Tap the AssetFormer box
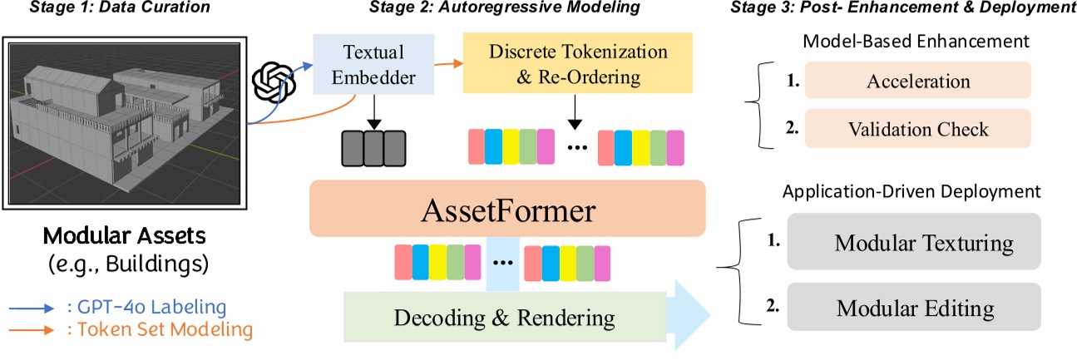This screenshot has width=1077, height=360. [x=506, y=209]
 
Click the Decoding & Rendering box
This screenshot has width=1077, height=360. [x=506, y=318]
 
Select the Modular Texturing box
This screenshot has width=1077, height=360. [x=912, y=244]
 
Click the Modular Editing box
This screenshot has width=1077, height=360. [x=912, y=308]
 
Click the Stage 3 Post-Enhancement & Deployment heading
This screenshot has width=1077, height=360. [x=902, y=8]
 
